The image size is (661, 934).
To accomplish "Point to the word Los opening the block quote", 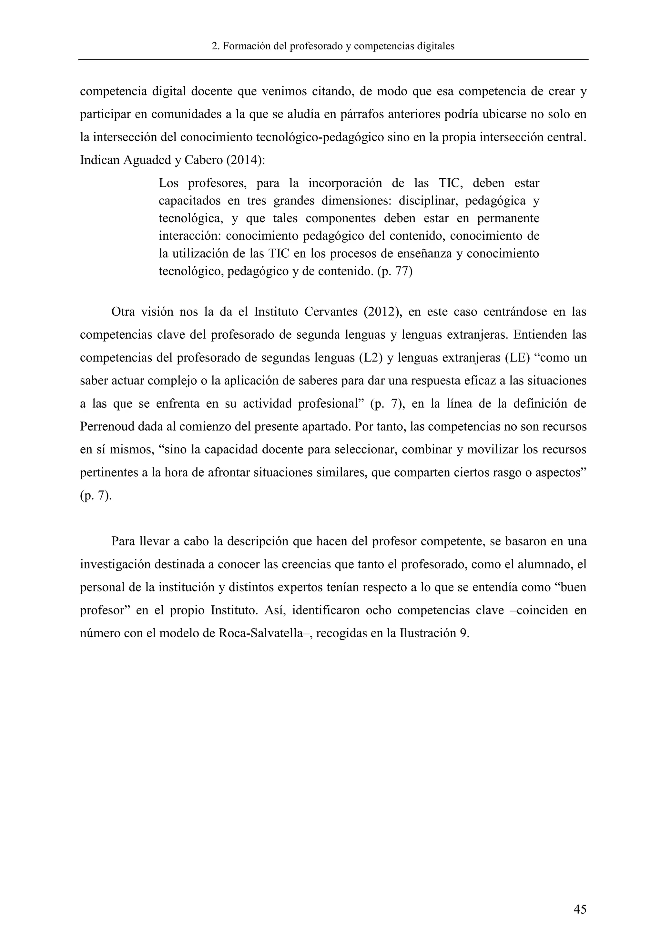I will pyautogui.click(x=168, y=184).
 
